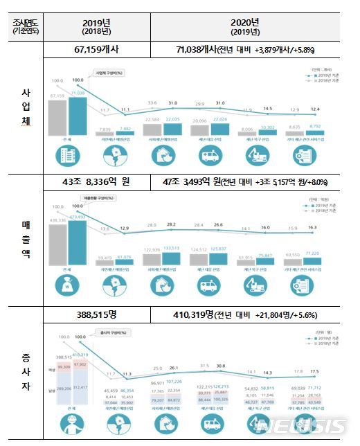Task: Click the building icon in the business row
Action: [67, 157]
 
